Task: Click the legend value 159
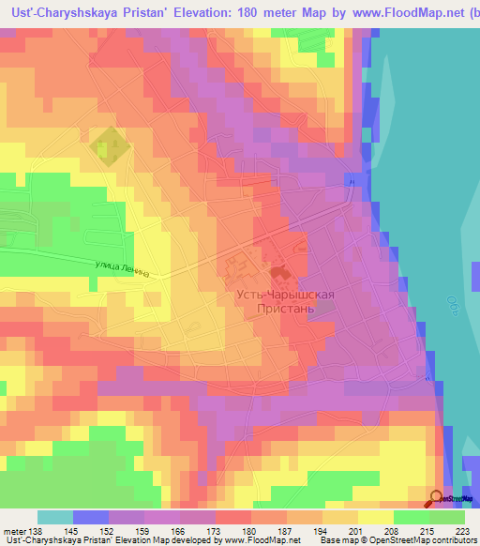tap(142, 530)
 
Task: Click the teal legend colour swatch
tap(55, 517)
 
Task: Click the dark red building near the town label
tap(278, 273)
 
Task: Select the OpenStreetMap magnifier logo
tap(436, 499)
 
